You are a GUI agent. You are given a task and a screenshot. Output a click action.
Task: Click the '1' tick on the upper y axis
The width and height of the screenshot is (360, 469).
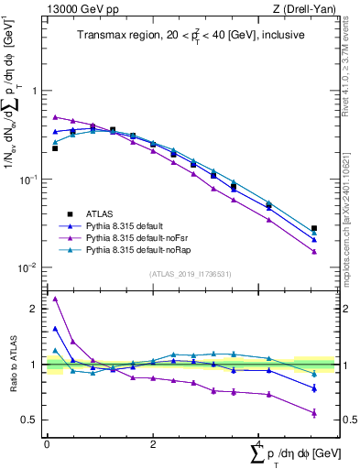click(x=35, y=91)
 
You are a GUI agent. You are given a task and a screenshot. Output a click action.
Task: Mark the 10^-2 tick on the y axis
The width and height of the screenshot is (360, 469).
click(x=30, y=268)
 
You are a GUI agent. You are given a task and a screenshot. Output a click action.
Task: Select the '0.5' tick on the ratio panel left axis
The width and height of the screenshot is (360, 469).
click(x=31, y=420)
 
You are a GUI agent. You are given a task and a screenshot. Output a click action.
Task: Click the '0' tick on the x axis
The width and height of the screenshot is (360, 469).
click(x=47, y=443)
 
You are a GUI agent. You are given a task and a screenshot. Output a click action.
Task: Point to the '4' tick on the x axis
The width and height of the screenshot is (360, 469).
click(x=259, y=443)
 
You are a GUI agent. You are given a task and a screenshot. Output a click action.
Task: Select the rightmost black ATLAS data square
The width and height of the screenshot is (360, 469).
click(x=314, y=228)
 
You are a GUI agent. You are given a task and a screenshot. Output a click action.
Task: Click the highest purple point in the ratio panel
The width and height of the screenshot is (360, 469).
click(x=55, y=299)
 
